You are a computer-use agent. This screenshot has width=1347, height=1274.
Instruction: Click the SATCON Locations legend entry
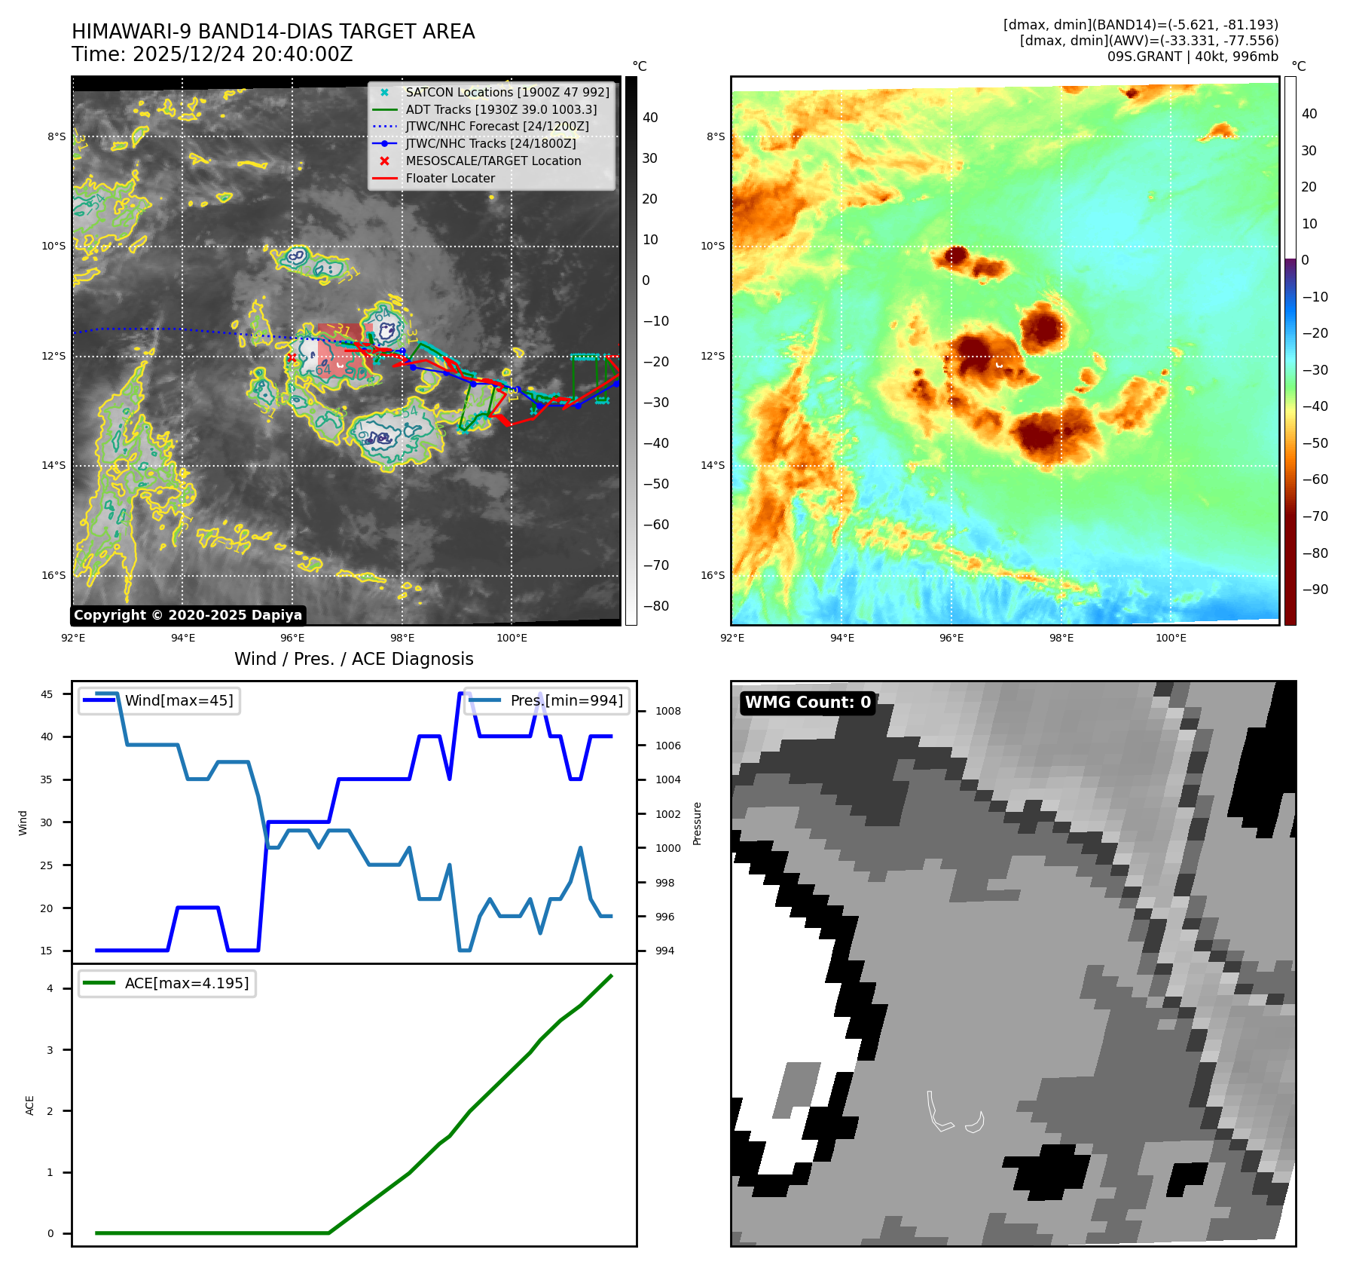(507, 92)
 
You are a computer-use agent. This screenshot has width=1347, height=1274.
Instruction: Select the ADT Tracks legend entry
(501, 109)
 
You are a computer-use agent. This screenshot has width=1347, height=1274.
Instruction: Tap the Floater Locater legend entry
(450, 178)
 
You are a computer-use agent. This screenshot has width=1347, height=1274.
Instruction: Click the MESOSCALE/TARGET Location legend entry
(493, 161)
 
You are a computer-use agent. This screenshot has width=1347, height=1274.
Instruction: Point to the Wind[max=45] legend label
(179, 700)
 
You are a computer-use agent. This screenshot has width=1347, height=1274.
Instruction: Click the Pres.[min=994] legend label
(567, 700)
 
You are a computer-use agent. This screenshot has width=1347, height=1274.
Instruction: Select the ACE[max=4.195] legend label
(186, 983)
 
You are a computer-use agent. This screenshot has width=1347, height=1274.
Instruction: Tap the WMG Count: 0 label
(808, 703)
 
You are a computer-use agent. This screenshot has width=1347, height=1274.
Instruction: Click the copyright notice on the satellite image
(188, 615)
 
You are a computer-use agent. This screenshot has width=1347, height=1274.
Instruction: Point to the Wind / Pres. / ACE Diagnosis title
(353, 659)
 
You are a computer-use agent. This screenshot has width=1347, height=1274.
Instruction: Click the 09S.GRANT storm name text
(1142, 57)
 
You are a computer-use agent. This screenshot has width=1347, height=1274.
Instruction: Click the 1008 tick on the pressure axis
(667, 711)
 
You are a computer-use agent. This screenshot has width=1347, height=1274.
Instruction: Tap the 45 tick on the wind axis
(47, 694)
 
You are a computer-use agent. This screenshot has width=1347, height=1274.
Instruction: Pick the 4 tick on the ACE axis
(50, 988)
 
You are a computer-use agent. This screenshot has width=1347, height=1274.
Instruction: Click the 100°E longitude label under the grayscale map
(512, 638)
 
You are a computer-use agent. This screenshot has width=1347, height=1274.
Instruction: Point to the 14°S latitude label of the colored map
(712, 465)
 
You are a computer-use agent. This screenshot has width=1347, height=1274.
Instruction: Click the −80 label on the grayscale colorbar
(655, 606)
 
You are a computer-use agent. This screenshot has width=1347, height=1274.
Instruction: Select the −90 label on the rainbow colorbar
(1315, 590)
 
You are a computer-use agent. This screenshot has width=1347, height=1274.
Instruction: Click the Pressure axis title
(698, 823)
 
